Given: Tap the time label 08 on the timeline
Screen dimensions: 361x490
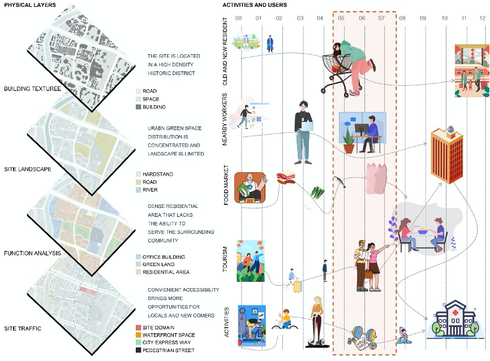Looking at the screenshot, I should (402, 19).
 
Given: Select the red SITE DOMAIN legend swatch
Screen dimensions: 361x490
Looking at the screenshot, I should (139, 328).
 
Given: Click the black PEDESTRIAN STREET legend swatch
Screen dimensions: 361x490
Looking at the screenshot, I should (139, 351).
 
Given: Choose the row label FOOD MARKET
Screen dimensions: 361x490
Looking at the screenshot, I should (226, 184).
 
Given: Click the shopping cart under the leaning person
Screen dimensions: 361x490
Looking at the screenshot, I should (336, 73).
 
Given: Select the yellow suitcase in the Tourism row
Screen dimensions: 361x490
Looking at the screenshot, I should (297, 285).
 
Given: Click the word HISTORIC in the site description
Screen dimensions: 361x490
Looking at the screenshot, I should (160, 73).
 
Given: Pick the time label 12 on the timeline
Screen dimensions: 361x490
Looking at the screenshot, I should (482, 19).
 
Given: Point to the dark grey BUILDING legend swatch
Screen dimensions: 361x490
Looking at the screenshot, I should (139, 107).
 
